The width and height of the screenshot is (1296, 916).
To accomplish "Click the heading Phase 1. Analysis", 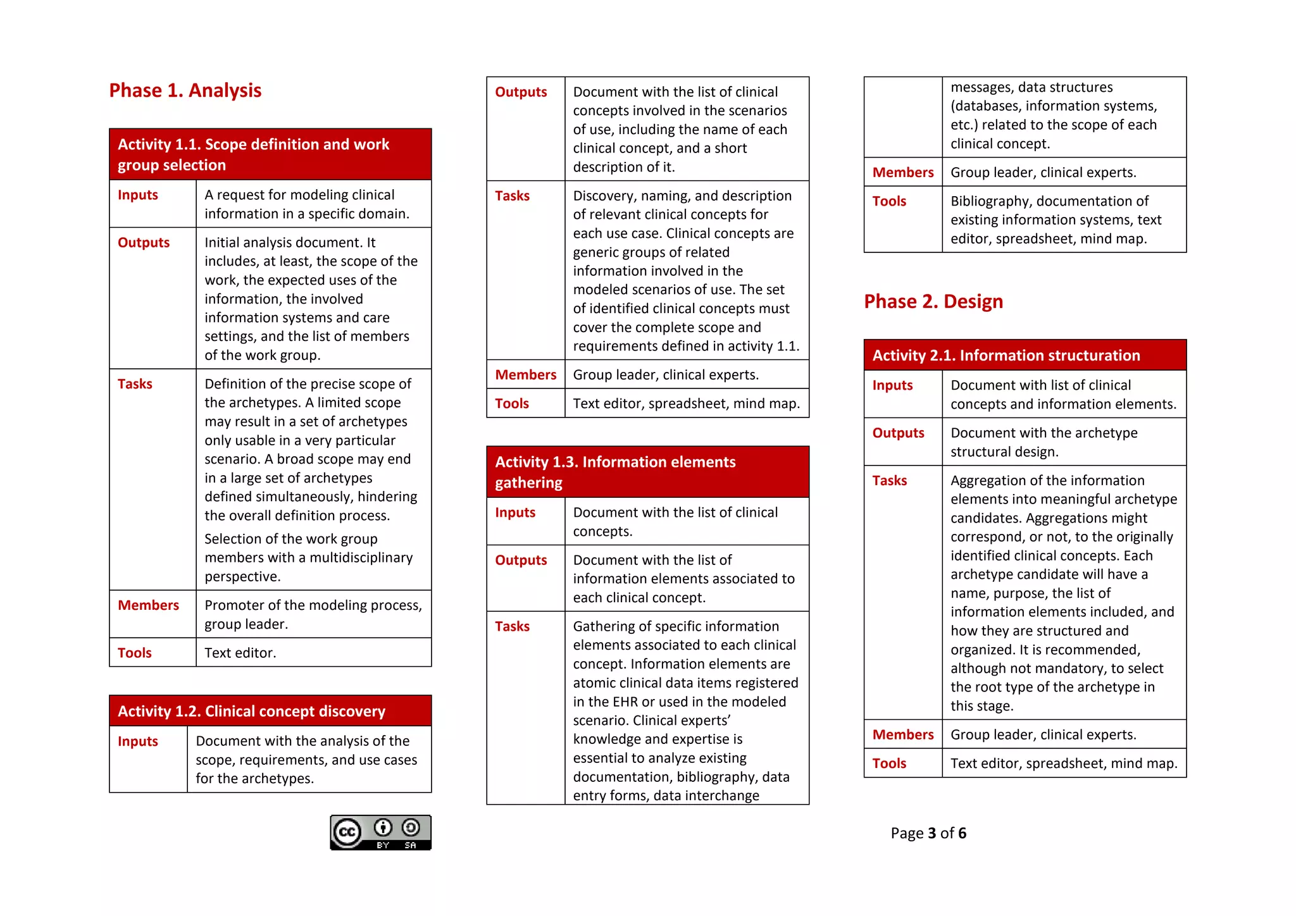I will [x=185, y=90].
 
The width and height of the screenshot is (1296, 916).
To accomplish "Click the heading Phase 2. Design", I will [x=933, y=301].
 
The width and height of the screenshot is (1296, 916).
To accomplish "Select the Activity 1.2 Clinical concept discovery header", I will [x=251, y=711].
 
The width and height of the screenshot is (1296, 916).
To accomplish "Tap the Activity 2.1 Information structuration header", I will [x=1006, y=356].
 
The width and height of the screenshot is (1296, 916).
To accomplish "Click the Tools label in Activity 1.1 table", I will [x=134, y=653].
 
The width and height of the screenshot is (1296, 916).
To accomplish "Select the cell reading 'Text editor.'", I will [x=240, y=653].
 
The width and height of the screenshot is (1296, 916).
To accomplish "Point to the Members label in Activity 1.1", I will [x=148, y=605].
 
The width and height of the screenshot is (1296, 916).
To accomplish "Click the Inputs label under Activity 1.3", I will [x=514, y=512].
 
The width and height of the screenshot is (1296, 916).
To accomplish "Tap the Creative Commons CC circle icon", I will [x=347, y=832].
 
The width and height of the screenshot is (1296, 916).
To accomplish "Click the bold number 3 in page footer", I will [x=931, y=833].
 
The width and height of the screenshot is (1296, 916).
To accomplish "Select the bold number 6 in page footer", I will [x=962, y=833].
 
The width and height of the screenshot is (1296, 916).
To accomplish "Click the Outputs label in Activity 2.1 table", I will [x=897, y=433].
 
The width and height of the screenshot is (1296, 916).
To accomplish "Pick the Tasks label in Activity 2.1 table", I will [x=889, y=481].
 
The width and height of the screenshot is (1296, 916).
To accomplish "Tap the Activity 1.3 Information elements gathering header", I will [x=614, y=472].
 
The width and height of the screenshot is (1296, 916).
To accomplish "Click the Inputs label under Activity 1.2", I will [x=137, y=741].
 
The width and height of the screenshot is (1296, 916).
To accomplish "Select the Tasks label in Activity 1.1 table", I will [x=135, y=384].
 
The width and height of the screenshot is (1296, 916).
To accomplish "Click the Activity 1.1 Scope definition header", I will [x=253, y=154].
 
